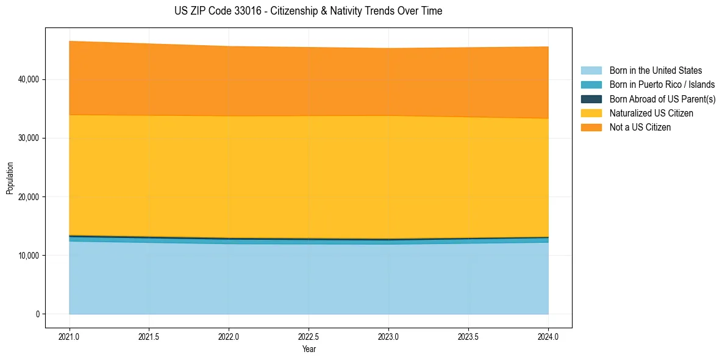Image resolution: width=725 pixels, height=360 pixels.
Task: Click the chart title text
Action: (x=308, y=11)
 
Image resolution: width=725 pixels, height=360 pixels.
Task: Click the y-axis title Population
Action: (x=10, y=178)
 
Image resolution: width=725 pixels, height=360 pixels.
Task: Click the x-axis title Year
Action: (x=309, y=349)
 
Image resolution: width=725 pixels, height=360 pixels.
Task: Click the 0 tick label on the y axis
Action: (x=37, y=314)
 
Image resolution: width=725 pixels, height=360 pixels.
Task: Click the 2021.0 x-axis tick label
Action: (x=70, y=336)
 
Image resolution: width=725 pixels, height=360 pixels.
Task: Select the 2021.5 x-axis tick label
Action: (x=149, y=336)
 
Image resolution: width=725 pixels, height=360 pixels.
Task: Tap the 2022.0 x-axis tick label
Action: (x=229, y=336)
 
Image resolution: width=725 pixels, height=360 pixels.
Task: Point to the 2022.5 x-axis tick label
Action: (x=309, y=336)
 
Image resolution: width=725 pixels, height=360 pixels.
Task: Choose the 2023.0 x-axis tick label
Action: (x=388, y=336)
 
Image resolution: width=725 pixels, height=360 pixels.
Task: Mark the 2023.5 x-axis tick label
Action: (x=468, y=336)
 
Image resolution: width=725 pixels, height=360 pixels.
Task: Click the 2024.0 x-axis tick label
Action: (x=548, y=336)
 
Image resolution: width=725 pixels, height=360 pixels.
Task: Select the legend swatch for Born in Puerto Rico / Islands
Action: (x=591, y=85)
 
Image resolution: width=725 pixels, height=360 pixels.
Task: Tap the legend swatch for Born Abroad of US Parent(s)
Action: (x=591, y=99)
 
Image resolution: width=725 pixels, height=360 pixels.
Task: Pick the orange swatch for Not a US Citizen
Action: (x=591, y=128)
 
